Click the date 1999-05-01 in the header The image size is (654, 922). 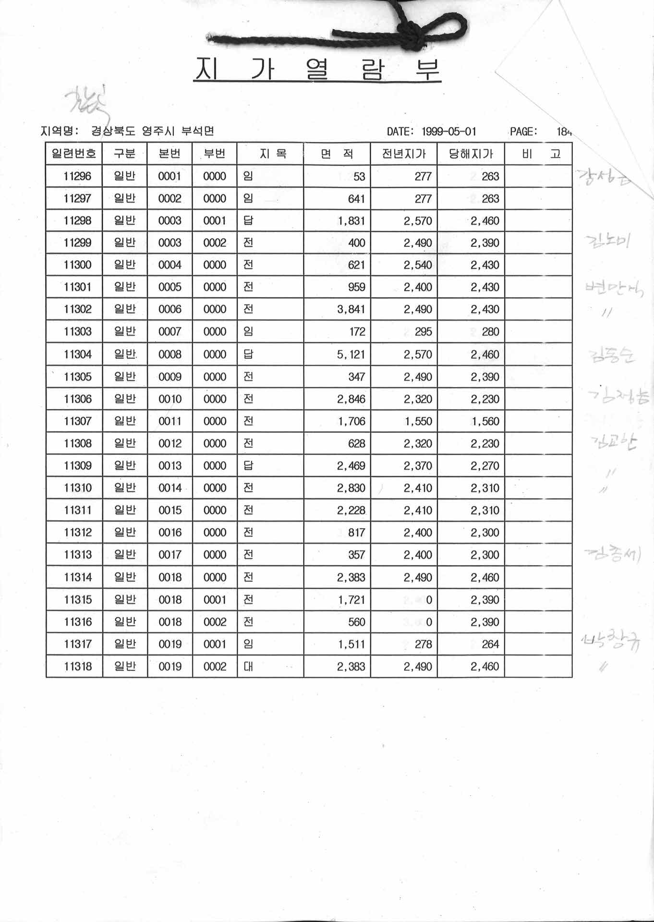tap(449, 131)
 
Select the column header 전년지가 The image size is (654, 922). tap(404, 154)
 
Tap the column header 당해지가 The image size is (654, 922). tap(471, 154)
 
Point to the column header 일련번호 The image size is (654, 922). tap(74, 154)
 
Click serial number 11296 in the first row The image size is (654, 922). tap(77, 176)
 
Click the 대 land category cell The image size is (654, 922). tap(248, 667)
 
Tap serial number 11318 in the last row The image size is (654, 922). tap(77, 667)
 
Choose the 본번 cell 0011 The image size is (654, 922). tap(170, 421)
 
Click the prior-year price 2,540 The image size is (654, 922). tap(418, 265)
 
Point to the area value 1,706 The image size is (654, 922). tap(351, 421)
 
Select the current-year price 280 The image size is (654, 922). tap(490, 332)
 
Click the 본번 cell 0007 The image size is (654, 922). tap(170, 332)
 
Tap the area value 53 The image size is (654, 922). tap(359, 176)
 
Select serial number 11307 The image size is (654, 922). tap(77, 421)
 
